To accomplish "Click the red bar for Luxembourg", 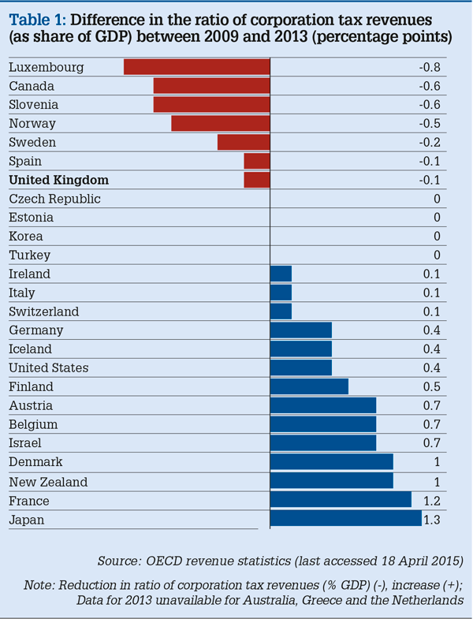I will (197, 67).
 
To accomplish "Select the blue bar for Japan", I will (345, 520).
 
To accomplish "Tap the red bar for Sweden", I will (244, 142).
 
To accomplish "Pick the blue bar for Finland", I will (309, 386).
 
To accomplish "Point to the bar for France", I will (341, 501).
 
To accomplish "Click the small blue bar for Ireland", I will (281, 274).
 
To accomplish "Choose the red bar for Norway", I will (221, 123).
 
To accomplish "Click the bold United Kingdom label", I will (58, 180).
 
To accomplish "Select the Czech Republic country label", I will (54, 199).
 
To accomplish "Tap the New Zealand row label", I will (48, 482).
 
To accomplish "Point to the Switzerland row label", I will (45, 311).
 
